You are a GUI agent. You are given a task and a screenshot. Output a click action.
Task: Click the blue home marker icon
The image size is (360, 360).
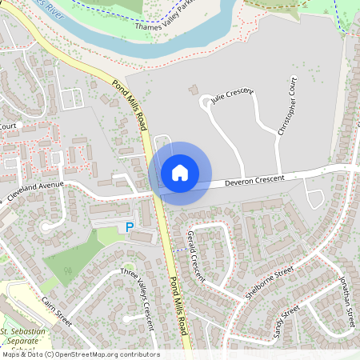pos(180,172)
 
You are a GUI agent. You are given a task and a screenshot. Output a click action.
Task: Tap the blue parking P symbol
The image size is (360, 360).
pos(130,228)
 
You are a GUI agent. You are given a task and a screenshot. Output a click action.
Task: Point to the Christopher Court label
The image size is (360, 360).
pos(286,107)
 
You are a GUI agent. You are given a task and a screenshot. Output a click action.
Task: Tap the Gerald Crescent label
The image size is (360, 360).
pos(195,256)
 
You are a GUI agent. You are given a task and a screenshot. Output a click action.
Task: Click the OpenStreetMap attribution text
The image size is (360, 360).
pos(80,354)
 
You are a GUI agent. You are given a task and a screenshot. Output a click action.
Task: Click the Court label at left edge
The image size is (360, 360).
pos(8,126)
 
